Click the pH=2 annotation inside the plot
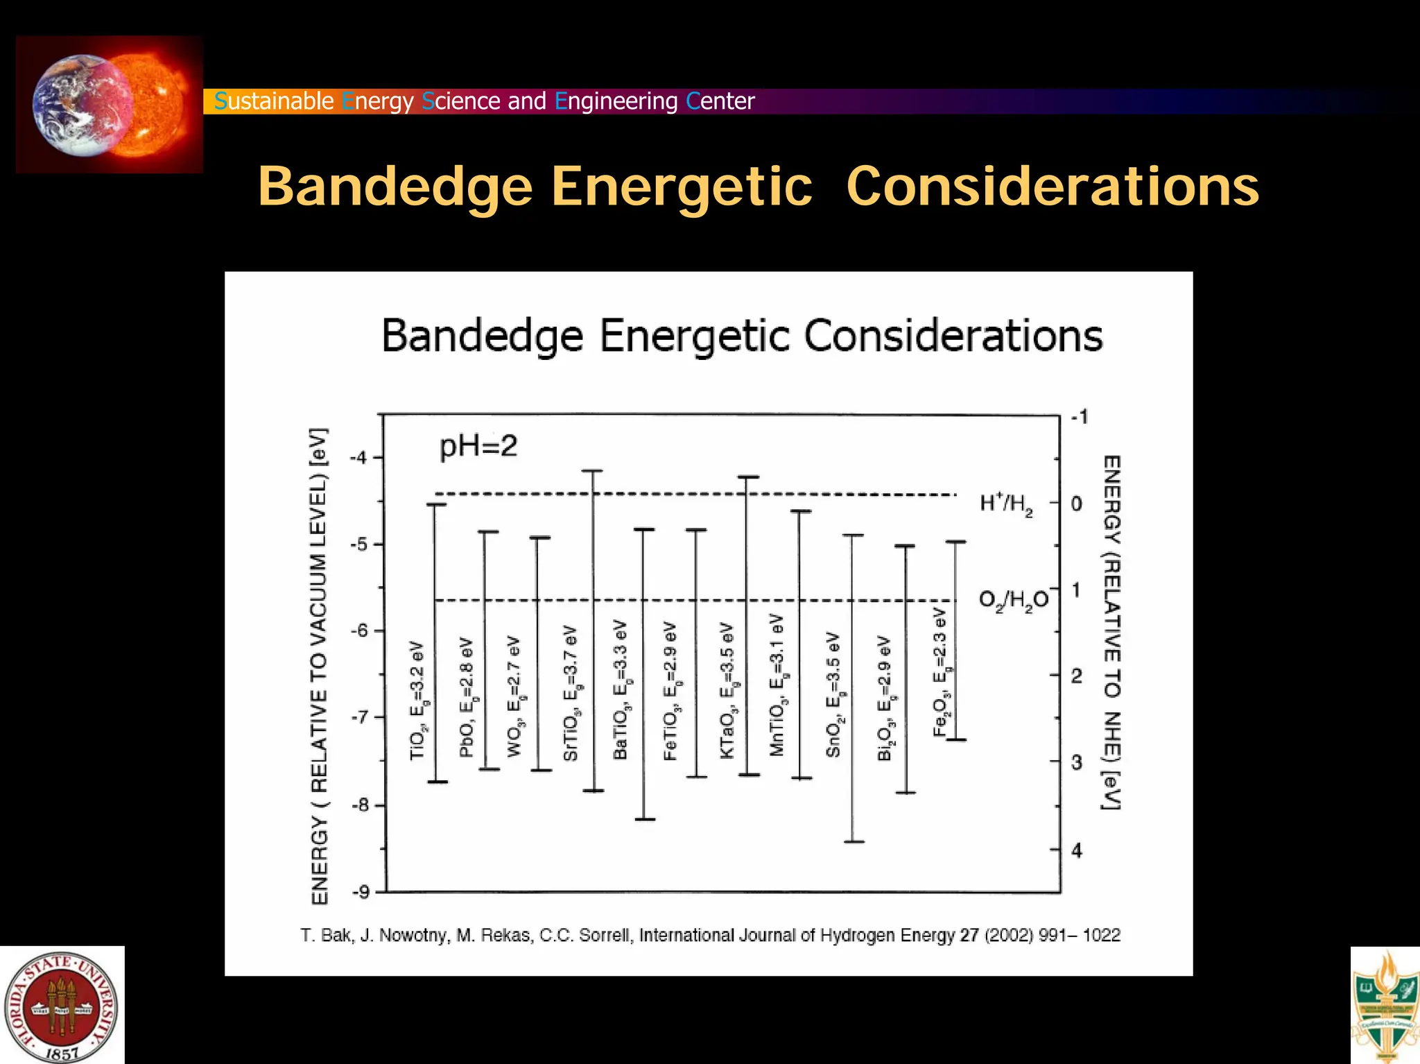pos(478,446)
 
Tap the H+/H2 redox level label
pos(1006,504)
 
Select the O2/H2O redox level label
pos(1013,600)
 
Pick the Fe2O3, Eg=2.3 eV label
pos(942,671)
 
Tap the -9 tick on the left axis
pos(361,892)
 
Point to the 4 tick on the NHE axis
pos(1076,850)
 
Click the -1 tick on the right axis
pos(1080,417)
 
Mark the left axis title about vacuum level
pos(318,666)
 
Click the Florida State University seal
pos(62,1006)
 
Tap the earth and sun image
pos(110,105)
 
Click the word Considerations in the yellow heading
pos(1052,187)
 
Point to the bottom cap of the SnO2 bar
pos(854,842)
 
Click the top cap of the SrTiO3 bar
pos(592,471)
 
